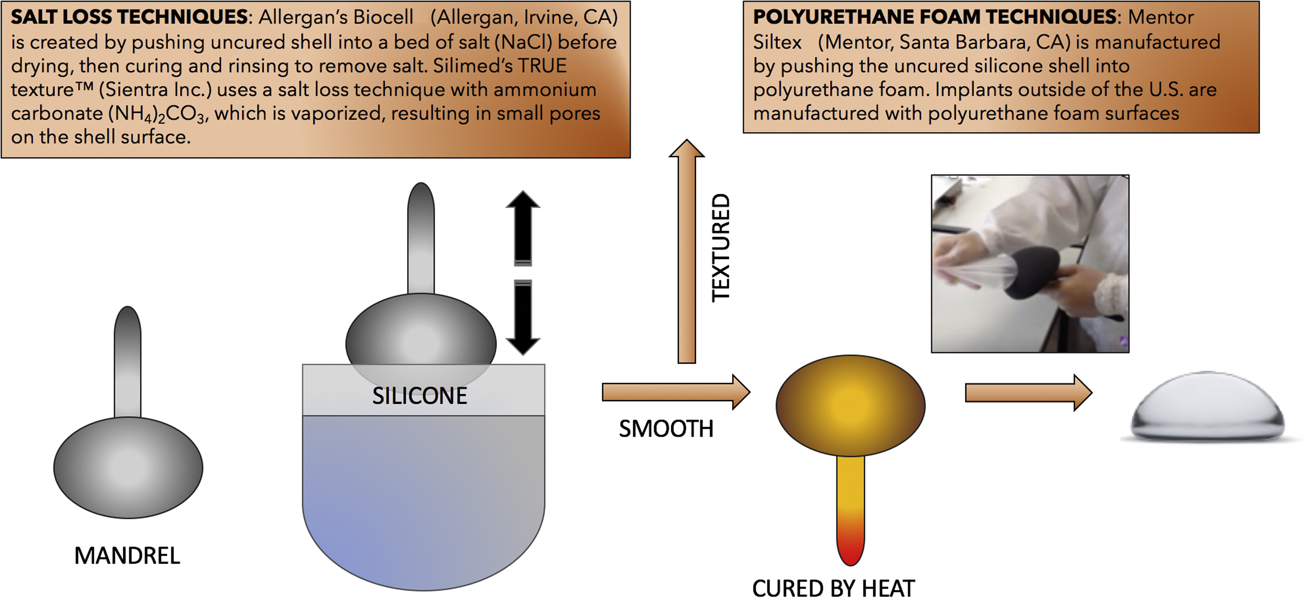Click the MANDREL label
[127, 555]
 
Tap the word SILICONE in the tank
[419, 396]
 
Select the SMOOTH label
[666, 429]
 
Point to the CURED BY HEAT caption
[833, 588]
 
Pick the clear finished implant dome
[1207, 408]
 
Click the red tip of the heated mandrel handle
[850, 549]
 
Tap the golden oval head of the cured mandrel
[850, 405]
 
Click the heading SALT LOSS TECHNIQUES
[129, 17]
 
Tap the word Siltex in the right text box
[777, 42]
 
